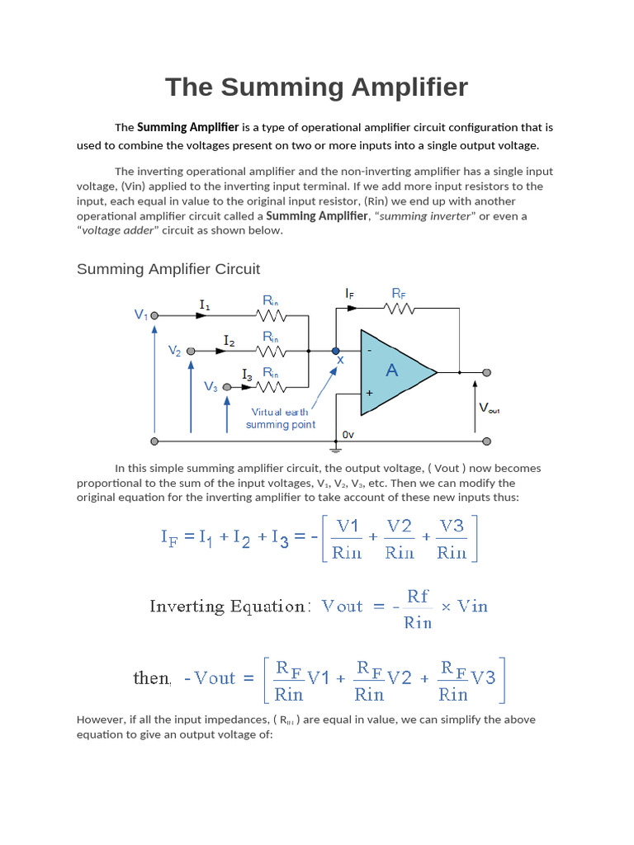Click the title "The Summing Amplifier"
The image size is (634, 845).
[316, 87]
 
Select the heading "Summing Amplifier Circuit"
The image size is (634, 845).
[168, 269]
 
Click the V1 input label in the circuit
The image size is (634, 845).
[140, 315]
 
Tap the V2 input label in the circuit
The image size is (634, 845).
[175, 351]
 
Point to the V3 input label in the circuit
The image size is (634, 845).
[211, 386]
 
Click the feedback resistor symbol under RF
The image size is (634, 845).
[399, 309]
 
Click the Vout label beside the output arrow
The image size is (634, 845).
[489, 408]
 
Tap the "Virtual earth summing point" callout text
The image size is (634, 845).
[280, 418]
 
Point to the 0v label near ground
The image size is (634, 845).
[348, 434]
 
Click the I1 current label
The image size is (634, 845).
[204, 305]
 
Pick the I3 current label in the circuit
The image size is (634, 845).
[248, 375]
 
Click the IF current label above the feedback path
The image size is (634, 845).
[350, 293]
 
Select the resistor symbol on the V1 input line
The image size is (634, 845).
[272, 316]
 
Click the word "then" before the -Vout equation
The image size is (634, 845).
[152, 678]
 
